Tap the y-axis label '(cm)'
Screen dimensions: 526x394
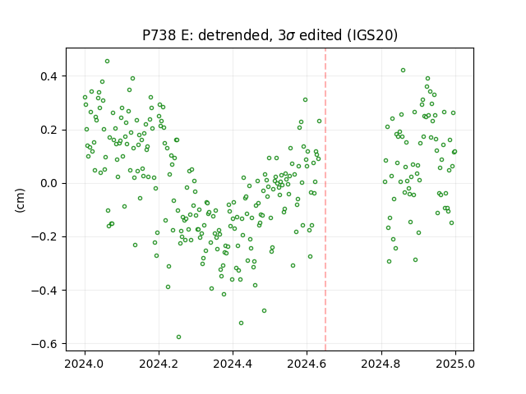point(20,200)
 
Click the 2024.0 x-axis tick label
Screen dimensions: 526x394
point(85,364)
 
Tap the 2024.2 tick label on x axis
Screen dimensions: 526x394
point(159,364)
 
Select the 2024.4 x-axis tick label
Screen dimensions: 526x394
point(233,364)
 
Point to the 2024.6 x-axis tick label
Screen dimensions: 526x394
point(307,364)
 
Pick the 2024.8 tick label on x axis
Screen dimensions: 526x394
point(381,364)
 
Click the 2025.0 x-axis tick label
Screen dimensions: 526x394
point(455,364)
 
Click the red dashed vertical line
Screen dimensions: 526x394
point(325,199)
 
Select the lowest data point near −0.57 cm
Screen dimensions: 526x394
point(179,337)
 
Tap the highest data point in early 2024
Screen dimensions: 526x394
point(108,62)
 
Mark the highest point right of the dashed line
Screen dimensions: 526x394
point(404,71)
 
